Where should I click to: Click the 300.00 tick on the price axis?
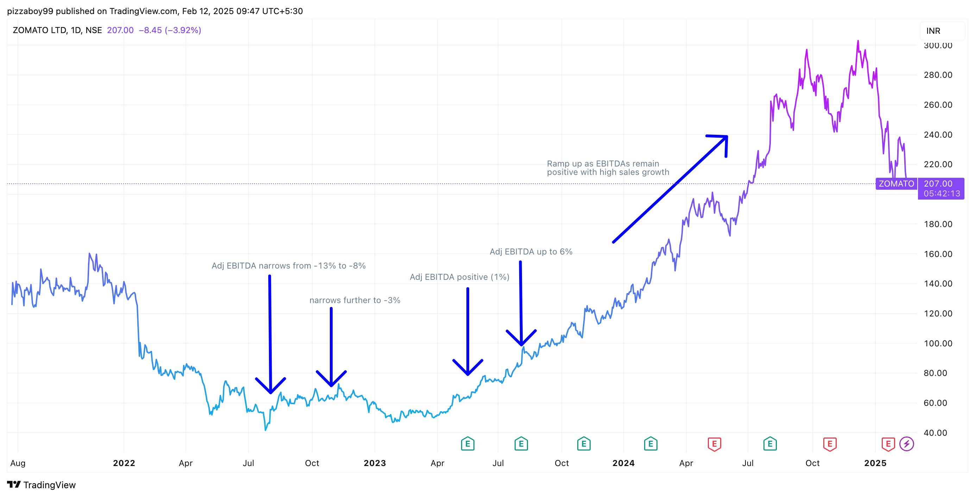click(938, 45)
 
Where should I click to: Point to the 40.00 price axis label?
click(935, 433)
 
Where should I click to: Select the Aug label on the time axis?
click(18, 463)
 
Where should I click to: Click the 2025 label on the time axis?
click(875, 463)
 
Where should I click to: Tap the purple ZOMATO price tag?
click(896, 184)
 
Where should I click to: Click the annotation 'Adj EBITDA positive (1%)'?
click(459, 277)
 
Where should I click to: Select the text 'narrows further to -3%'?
click(355, 300)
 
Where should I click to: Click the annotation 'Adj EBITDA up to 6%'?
click(531, 252)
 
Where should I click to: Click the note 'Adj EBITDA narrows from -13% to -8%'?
click(288, 266)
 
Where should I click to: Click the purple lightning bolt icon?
click(906, 443)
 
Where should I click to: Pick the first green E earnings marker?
click(467, 443)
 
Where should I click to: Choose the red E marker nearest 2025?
click(888, 443)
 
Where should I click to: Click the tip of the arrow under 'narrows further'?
click(331, 385)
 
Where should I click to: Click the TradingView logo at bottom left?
click(41, 485)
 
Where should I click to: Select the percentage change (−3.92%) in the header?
click(183, 30)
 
